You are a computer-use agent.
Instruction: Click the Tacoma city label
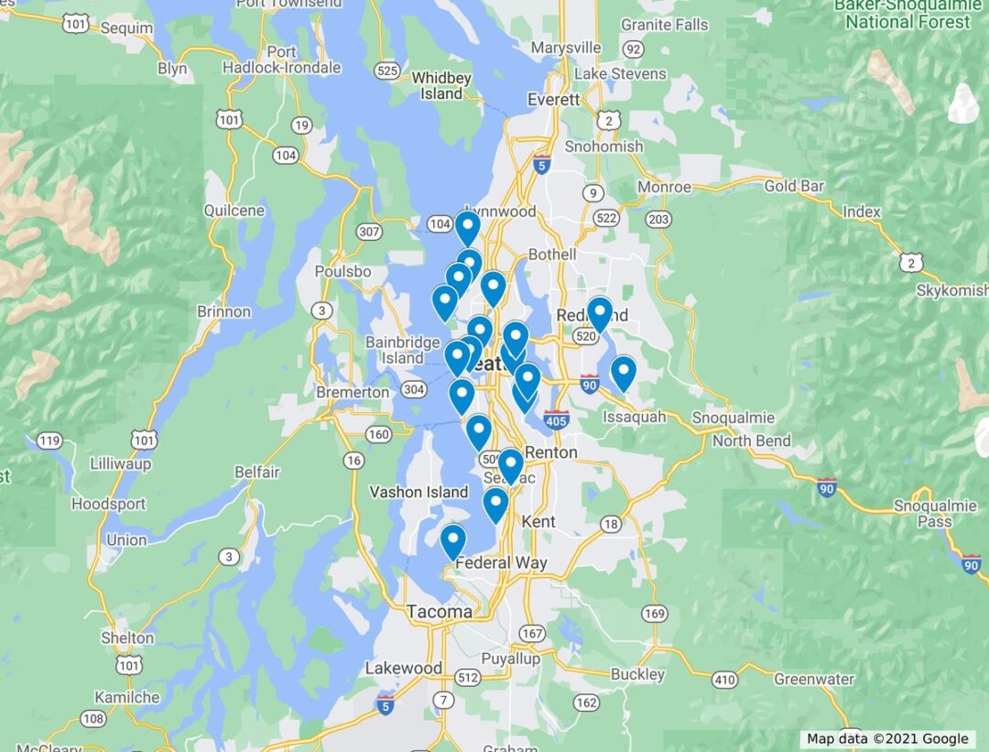tap(440, 611)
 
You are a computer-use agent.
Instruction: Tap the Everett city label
tap(554, 99)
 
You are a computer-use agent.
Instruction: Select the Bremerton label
tap(353, 392)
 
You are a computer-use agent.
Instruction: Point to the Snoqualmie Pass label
tap(923, 515)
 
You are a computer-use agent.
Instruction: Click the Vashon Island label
tap(418, 492)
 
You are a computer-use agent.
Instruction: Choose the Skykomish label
tap(951, 290)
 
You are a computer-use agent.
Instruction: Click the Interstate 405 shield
tap(555, 420)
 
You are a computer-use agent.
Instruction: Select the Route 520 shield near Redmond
tap(586, 337)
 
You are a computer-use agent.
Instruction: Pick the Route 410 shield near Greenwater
tap(725, 680)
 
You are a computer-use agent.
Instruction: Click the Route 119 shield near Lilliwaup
tap(49, 441)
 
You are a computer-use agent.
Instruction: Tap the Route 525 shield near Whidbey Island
tap(387, 71)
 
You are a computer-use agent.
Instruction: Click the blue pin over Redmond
tap(600, 312)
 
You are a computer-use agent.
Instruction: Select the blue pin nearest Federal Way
tap(452, 540)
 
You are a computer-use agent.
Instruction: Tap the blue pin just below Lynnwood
tap(468, 226)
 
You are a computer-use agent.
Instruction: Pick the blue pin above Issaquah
tap(624, 372)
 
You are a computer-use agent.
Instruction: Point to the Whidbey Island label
tap(441, 86)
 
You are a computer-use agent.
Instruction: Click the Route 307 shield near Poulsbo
tap(369, 232)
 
